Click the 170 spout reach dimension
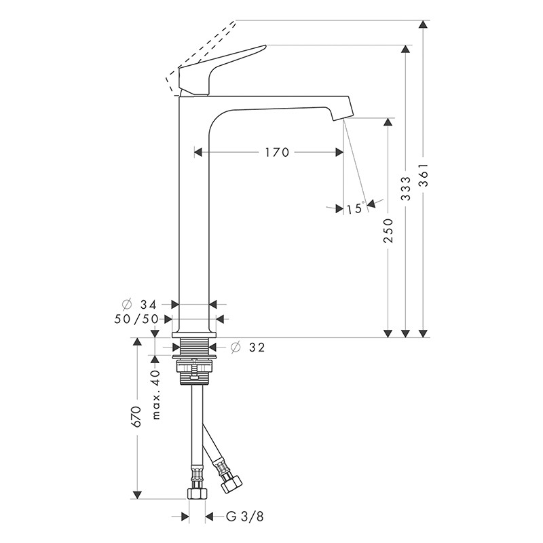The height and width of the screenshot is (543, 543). click(x=277, y=152)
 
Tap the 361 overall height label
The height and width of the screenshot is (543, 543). click(x=423, y=175)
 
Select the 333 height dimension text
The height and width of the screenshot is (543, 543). click(x=405, y=189)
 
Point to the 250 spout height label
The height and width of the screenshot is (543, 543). click(x=388, y=231)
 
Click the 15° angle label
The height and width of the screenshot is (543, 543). click(x=356, y=208)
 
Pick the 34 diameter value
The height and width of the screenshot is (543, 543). click(x=148, y=305)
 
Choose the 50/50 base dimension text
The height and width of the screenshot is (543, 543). click(x=136, y=319)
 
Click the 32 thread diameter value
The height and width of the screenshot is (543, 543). click(x=257, y=348)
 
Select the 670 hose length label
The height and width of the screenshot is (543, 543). click(x=136, y=417)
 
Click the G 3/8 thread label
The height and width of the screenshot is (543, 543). click(x=245, y=517)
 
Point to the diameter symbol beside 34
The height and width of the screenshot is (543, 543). click(x=127, y=305)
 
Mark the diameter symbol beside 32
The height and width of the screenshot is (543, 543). click(x=236, y=347)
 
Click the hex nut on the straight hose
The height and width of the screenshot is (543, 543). click(x=197, y=493)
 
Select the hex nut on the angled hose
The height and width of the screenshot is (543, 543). click(x=231, y=484)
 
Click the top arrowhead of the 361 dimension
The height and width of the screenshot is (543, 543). click(x=423, y=24)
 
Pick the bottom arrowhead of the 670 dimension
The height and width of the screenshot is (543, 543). click(x=138, y=495)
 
